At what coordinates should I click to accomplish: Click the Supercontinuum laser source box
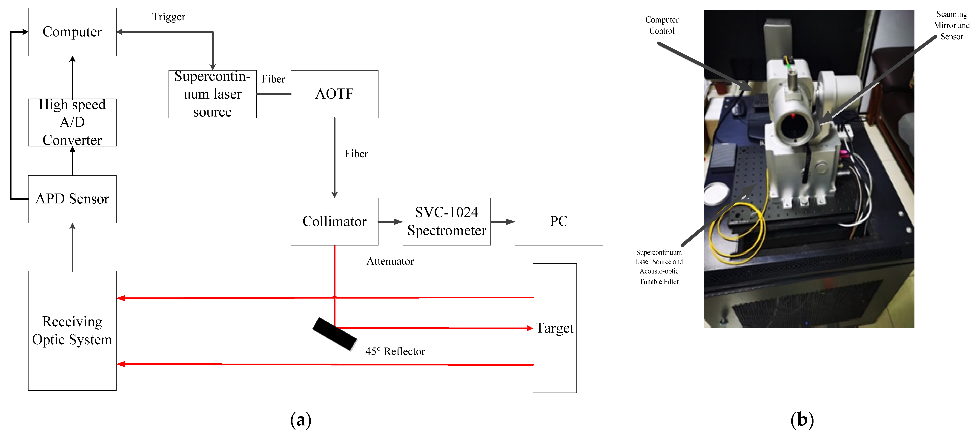212,94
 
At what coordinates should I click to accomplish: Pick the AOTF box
334,94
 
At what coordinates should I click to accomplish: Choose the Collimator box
334,221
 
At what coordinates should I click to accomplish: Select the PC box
559,221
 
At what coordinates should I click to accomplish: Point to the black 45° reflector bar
335,334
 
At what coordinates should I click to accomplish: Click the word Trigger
169,17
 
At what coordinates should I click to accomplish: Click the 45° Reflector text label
395,351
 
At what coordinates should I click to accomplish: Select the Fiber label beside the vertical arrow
356,154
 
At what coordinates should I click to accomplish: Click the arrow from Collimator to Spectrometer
390,222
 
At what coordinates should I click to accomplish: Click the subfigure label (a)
301,420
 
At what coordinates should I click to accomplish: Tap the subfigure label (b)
802,420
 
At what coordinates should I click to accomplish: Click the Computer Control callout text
662,25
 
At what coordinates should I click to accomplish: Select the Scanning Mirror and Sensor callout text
951,25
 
